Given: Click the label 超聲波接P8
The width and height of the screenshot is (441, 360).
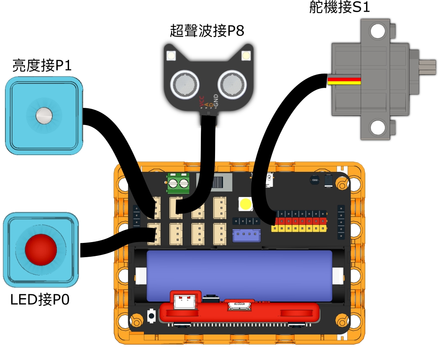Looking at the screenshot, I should click(207, 31).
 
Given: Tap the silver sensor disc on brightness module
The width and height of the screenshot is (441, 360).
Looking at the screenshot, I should click(44, 115).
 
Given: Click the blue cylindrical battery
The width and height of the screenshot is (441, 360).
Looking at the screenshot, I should click(239, 276).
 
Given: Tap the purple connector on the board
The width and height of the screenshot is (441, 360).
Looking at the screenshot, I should click(246, 235).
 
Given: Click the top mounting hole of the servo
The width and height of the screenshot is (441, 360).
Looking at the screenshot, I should click(378, 31).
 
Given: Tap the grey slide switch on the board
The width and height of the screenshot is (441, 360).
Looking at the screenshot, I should click(218, 183).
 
